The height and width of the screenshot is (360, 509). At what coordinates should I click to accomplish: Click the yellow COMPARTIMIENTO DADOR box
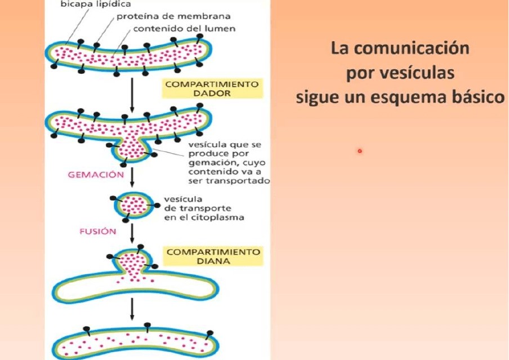click(212, 89)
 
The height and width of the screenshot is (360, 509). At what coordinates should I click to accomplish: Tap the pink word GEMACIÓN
click(96, 175)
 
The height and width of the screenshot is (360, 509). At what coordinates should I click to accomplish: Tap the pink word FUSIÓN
click(97, 231)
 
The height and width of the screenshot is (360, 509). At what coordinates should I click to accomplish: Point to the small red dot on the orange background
click(359, 151)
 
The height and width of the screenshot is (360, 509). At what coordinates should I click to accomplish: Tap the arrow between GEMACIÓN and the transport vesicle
click(132, 177)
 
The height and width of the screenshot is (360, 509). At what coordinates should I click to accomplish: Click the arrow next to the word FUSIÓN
click(132, 232)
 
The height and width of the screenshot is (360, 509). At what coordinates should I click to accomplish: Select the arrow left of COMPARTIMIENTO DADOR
click(132, 93)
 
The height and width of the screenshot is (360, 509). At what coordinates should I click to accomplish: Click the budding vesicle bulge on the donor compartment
click(132, 147)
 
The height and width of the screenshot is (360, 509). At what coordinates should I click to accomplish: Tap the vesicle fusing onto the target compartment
click(133, 263)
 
